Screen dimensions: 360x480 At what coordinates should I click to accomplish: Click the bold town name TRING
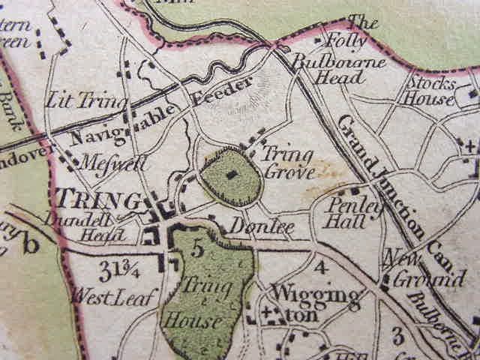98,200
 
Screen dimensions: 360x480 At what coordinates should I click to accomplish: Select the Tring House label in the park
197,304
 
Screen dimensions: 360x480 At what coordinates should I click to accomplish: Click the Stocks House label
429,88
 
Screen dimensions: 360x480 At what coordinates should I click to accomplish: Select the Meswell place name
106,160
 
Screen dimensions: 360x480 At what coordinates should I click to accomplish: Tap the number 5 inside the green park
196,249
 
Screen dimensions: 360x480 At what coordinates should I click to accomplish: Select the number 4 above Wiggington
320,266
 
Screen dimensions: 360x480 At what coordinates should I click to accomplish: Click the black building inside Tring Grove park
231,174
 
